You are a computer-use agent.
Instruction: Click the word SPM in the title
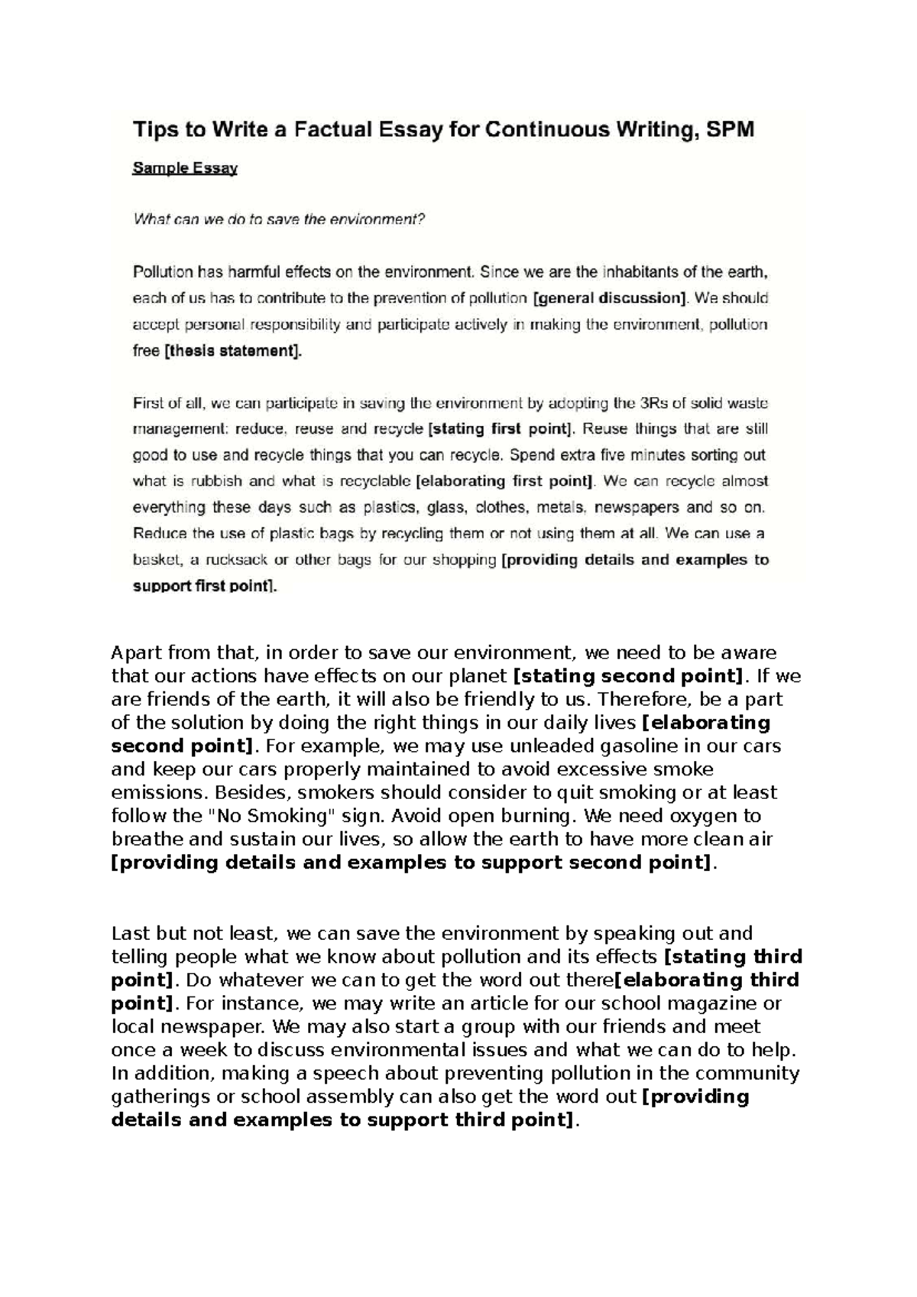point(728,130)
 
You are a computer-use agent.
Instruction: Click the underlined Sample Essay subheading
point(185,169)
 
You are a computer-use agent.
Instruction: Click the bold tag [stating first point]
point(501,429)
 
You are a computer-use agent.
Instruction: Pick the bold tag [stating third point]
point(733,957)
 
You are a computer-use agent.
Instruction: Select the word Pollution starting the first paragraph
point(163,271)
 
